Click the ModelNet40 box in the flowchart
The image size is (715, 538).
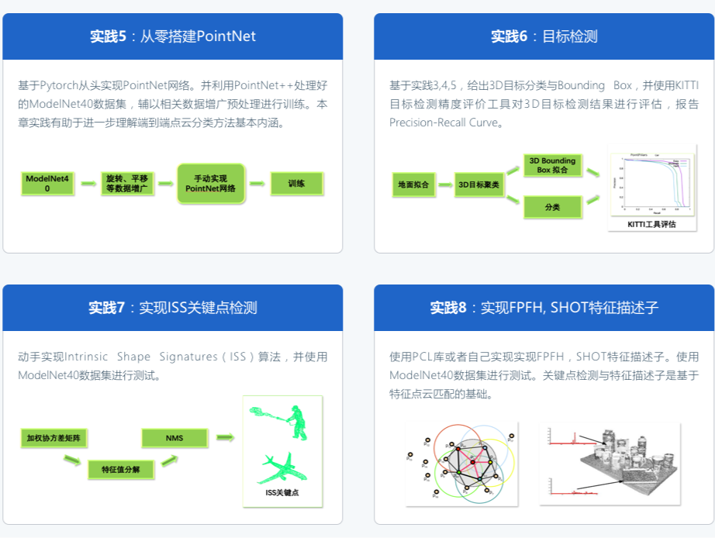point(47,184)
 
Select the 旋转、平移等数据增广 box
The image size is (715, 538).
point(127,184)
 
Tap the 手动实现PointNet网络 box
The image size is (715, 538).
point(211,184)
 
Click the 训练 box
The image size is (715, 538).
point(296,184)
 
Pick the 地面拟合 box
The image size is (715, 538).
point(413,185)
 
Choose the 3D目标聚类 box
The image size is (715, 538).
point(478,185)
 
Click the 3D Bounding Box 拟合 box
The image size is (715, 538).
point(552,165)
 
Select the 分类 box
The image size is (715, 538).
point(552,207)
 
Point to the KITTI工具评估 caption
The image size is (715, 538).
point(651,224)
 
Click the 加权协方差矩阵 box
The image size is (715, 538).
point(54,438)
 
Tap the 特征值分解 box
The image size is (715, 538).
point(120,470)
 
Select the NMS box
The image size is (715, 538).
point(174,438)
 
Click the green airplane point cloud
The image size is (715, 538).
point(282,467)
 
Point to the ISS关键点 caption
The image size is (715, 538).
point(282,492)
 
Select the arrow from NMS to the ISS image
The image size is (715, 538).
point(225,438)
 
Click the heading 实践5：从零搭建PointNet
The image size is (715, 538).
point(172,36)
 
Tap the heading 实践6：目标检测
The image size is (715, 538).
point(544,36)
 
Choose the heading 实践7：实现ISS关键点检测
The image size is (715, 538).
point(172,308)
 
